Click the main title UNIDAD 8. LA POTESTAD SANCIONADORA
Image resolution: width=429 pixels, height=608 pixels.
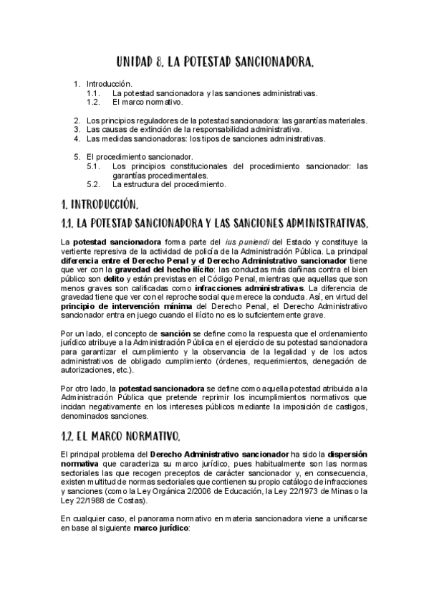tap(214, 63)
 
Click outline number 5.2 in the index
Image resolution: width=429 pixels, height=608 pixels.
tap(92, 184)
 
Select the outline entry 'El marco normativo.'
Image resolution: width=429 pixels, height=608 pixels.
tap(143, 102)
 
